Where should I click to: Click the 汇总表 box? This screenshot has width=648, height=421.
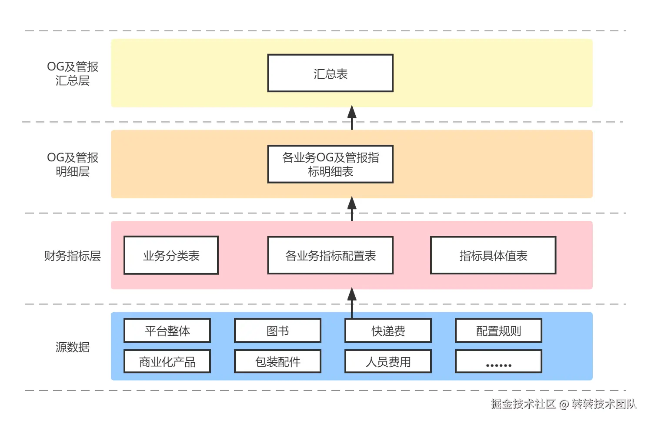(x=330, y=73)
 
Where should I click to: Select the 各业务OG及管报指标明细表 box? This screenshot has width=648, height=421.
(x=330, y=164)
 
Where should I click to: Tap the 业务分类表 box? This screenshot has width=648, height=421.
(x=171, y=255)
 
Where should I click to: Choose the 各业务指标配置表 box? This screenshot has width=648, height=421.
(x=330, y=255)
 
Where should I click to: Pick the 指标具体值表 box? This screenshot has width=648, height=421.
(x=493, y=255)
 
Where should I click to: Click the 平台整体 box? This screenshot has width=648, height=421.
(x=167, y=331)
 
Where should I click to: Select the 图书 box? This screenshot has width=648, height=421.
(x=277, y=331)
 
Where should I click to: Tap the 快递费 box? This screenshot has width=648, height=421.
(x=388, y=331)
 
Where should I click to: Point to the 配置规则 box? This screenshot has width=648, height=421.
(x=498, y=331)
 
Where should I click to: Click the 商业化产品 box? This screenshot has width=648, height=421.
(x=167, y=361)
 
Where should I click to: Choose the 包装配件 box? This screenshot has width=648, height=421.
(x=277, y=361)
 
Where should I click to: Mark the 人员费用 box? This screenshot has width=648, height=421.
(x=388, y=361)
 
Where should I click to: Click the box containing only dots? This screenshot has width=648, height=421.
(x=498, y=361)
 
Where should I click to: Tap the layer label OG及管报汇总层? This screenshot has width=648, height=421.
(x=73, y=73)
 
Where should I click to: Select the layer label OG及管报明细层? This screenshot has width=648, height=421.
(x=73, y=164)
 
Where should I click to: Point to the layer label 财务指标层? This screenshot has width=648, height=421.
(x=73, y=255)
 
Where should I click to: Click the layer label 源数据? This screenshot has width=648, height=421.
(x=73, y=347)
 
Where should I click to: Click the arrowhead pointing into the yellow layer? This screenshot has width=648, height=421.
(x=352, y=112)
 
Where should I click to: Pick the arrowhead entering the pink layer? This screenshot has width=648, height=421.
(x=352, y=294)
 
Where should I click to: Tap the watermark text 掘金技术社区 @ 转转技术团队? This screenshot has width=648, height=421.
(x=564, y=404)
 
